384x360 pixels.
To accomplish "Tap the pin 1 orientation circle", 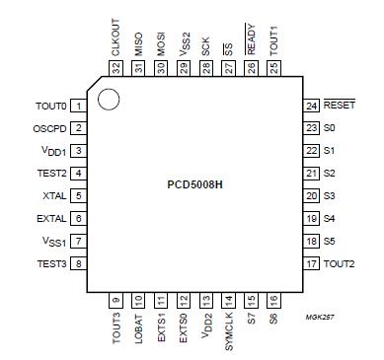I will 109,100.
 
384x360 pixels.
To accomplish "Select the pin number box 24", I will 311,105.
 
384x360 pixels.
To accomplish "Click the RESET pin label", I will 340,105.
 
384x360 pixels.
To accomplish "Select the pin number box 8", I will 76,263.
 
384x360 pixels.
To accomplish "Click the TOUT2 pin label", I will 340,263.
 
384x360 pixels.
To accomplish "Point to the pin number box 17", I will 311,263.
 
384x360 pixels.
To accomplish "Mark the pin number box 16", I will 273,300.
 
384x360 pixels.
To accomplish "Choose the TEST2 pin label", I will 50,173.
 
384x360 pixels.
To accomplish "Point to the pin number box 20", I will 311,195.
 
